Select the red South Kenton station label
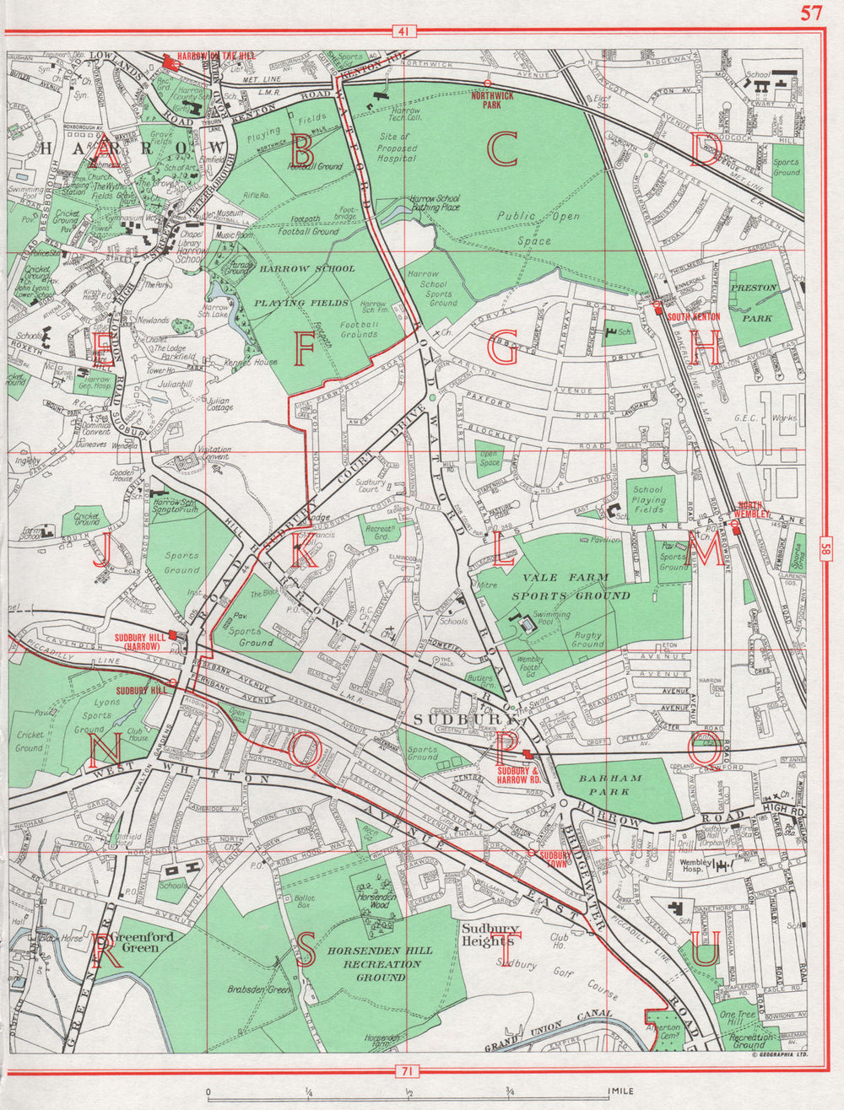coord(693,315)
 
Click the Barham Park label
coord(617,785)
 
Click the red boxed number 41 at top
coord(404,32)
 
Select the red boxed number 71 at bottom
coord(407,1072)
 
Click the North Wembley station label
coord(755,509)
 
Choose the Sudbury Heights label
coord(487,935)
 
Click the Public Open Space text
coord(538,228)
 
